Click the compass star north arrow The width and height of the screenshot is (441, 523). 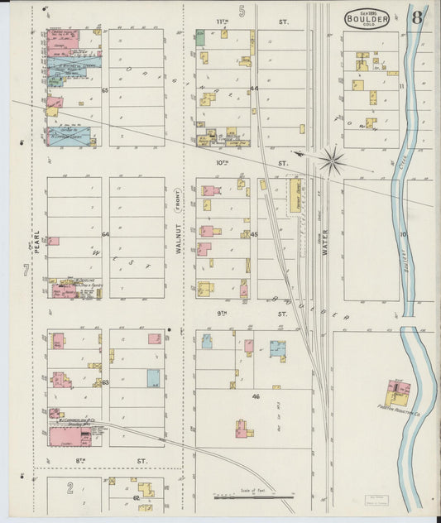331,160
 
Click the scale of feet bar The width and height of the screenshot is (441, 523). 252,497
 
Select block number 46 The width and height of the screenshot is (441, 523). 256,397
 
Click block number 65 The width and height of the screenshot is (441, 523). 105,90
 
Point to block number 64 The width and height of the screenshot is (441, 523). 105,234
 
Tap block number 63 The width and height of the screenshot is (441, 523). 105,381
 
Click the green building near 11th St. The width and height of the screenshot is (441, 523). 200,37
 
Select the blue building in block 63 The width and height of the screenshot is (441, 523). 153,378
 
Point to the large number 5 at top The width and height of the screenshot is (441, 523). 242,11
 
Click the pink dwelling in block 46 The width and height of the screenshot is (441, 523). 244,428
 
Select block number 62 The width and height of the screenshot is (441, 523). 135,499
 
